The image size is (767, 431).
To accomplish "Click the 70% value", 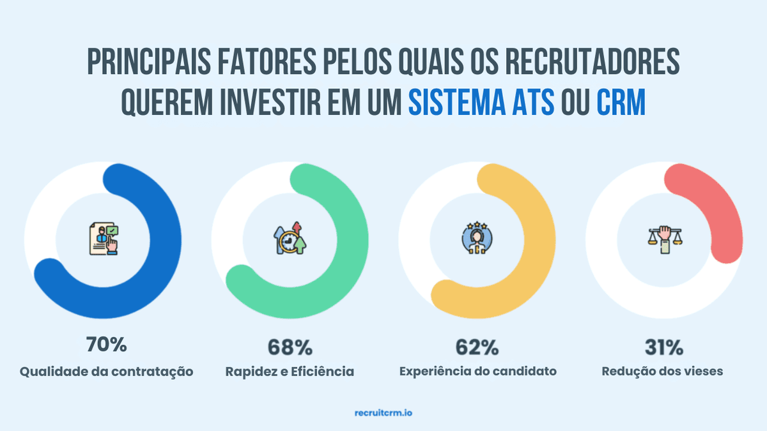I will tap(107, 345).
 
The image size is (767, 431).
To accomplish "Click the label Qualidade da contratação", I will tap(106, 371).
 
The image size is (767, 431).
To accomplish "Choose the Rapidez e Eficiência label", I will tap(290, 371).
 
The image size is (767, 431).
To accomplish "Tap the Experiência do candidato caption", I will tap(477, 371).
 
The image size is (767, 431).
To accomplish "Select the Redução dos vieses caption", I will tap(663, 371).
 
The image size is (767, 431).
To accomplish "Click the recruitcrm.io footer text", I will tap(383, 413).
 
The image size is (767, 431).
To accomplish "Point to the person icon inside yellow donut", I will tap(477, 239).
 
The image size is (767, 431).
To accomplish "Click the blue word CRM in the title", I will tap(621, 102).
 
